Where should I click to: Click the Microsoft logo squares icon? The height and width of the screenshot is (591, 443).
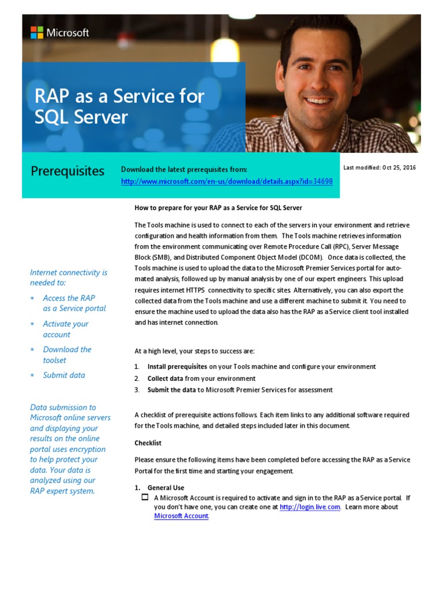(x=37, y=33)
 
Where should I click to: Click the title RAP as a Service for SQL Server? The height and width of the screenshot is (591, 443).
(x=119, y=106)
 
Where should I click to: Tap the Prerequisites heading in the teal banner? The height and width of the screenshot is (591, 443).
(x=67, y=171)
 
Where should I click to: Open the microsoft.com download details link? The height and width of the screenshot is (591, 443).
(x=227, y=181)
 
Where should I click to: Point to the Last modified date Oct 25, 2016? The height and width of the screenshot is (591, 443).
(x=380, y=167)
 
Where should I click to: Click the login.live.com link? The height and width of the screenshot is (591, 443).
(x=310, y=507)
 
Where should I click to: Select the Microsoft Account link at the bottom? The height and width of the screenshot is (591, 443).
(x=181, y=516)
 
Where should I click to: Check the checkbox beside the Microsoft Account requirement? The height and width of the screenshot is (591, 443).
(x=145, y=498)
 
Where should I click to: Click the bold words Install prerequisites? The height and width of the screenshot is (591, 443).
(x=177, y=366)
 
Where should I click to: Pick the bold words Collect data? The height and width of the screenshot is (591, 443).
(x=166, y=378)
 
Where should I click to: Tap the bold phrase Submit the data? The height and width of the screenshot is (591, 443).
(x=172, y=390)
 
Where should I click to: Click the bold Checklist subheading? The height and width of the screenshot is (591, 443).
(x=148, y=443)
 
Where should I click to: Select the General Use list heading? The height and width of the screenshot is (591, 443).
(x=166, y=488)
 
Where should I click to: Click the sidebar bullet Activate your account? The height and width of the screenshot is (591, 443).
(x=65, y=329)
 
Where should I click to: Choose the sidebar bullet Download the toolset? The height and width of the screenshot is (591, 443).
(x=67, y=354)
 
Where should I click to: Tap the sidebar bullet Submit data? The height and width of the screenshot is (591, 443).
(x=63, y=375)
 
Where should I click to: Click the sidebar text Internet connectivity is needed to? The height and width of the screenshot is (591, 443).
(x=69, y=277)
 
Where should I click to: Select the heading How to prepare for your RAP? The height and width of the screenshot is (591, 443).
(x=218, y=207)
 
